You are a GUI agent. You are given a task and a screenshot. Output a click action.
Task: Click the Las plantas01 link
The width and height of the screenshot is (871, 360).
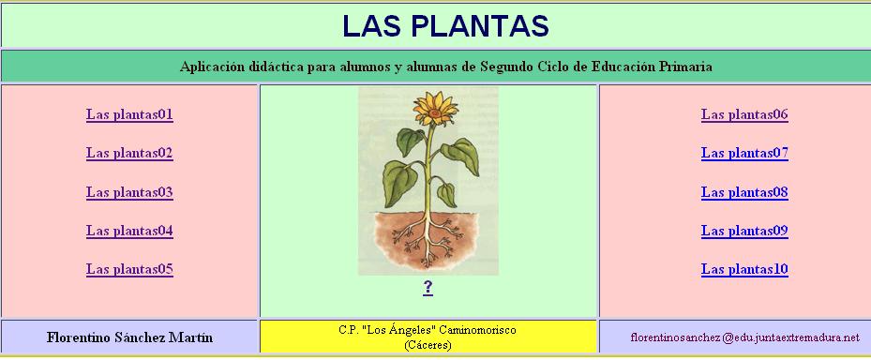coord(129,114)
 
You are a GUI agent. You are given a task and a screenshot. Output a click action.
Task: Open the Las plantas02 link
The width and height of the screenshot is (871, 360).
coord(129,153)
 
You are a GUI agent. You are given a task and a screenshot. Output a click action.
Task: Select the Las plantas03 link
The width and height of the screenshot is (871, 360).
coord(129,192)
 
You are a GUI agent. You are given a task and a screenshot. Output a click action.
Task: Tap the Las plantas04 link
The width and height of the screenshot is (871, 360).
coord(129,231)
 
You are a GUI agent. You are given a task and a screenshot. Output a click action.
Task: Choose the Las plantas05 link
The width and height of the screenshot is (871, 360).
coord(129,269)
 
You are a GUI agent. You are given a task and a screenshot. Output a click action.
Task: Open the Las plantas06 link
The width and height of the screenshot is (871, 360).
coord(744,114)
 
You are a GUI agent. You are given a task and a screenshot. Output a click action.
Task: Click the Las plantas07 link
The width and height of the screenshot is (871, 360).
coord(744,153)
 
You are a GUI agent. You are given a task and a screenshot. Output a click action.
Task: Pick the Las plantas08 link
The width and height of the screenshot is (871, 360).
coord(744,192)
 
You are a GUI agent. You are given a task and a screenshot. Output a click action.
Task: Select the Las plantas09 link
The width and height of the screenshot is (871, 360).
coord(744,231)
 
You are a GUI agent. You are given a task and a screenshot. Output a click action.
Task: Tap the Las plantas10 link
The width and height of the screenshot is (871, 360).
coord(744,269)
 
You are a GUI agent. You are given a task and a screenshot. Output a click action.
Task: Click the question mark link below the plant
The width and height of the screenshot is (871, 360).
coord(428,288)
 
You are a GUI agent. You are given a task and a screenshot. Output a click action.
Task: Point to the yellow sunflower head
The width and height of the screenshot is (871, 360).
coord(435,109)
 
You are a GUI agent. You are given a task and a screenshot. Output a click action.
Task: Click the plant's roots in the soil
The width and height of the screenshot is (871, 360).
coord(428,240)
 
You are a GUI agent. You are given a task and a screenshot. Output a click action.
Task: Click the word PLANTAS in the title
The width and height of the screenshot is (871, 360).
coord(482,25)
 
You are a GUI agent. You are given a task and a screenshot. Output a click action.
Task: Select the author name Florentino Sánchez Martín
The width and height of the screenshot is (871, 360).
coord(129,337)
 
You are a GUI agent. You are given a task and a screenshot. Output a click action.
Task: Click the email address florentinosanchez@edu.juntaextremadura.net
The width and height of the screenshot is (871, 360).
coord(745,337)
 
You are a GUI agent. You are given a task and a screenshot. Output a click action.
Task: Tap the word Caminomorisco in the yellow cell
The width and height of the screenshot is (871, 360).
coord(477,330)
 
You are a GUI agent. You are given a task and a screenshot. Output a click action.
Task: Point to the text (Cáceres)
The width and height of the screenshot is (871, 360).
coord(428,345)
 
